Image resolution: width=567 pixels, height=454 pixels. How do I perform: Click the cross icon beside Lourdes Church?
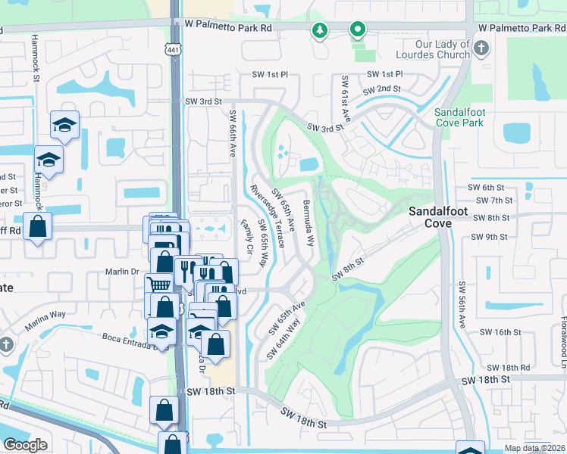(x=481, y=49)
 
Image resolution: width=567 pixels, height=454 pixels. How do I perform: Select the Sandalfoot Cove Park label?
(x=459, y=117)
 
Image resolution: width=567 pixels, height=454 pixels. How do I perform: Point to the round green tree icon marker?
(x=320, y=30)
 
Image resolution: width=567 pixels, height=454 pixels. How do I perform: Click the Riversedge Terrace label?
(x=268, y=215)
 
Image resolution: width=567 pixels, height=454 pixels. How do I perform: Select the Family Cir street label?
(x=246, y=237)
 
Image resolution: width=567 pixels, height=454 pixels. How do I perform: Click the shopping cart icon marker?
(x=158, y=285)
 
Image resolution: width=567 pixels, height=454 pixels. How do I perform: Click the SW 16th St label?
(x=501, y=332)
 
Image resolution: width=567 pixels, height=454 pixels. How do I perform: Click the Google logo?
(x=25, y=445)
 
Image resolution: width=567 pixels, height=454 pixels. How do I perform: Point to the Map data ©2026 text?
(x=534, y=448)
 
